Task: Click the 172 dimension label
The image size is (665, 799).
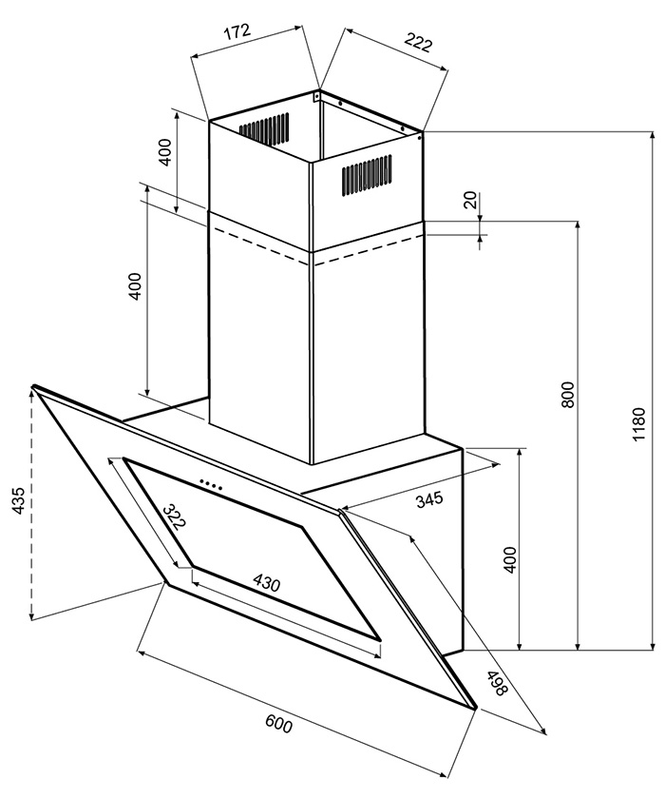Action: click(237, 31)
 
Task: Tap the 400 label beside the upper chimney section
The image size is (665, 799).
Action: click(165, 152)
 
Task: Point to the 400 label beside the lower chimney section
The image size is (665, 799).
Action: click(134, 286)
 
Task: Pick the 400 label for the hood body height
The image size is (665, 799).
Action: click(509, 559)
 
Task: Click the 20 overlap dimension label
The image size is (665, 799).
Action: click(470, 200)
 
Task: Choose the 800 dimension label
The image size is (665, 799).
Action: click(567, 394)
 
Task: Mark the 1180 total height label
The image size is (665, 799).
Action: click(639, 424)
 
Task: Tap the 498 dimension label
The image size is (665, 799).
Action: click(497, 683)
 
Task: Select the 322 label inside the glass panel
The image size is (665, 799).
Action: click(175, 517)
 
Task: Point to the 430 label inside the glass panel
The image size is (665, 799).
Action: click(267, 583)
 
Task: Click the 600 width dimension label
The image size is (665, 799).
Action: click(278, 724)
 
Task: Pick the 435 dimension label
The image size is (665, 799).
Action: click(18, 500)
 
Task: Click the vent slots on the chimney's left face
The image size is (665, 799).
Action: click(264, 128)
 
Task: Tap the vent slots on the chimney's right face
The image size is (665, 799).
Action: click(367, 174)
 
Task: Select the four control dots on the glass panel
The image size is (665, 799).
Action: click(211, 484)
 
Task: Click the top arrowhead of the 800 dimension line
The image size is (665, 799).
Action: click(579, 226)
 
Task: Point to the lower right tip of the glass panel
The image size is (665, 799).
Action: click(476, 709)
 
